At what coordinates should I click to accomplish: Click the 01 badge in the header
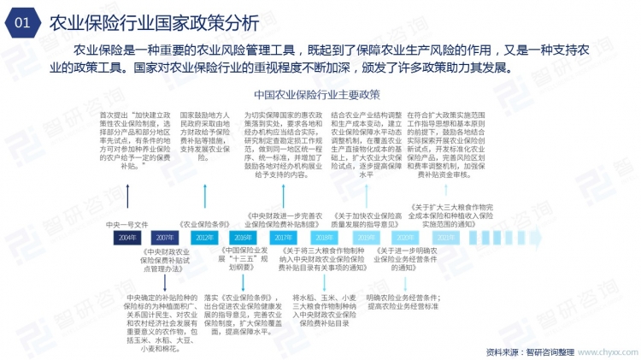[23, 23]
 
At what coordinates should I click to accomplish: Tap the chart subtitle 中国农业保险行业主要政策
[316, 93]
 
